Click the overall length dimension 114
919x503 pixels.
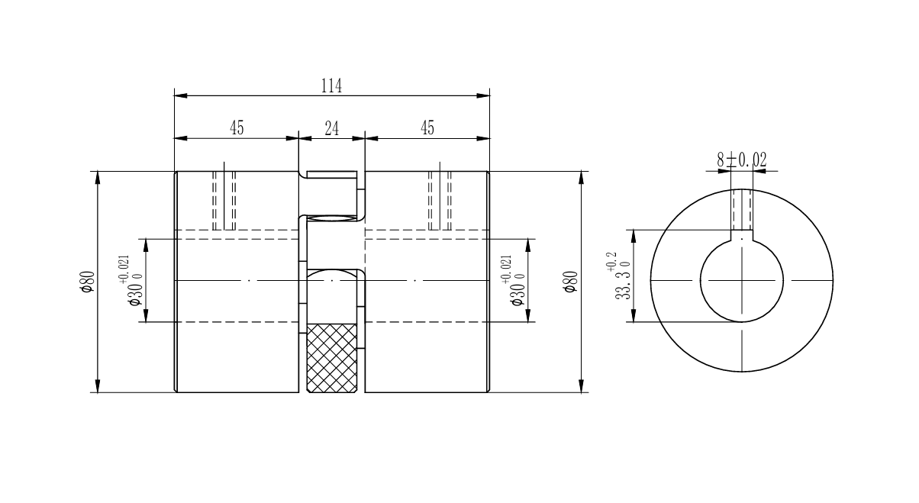(x=331, y=86)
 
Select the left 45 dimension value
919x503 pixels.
(x=237, y=128)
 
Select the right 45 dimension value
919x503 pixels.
(x=427, y=128)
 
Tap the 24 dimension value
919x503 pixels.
(x=331, y=128)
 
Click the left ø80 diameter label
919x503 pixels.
(x=87, y=282)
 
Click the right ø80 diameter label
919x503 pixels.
(x=570, y=282)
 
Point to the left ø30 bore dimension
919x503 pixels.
(x=131, y=282)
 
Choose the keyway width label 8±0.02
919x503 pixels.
(x=741, y=160)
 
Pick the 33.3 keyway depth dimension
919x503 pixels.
(x=619, y=276)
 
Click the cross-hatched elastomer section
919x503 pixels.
(x=331, y=357)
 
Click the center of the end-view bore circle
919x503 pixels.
(x=742, y=281)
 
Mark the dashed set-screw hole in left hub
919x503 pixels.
(x=224, y=200)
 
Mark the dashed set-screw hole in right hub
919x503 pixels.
(x=440, y=200)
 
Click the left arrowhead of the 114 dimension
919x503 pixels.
(x=180, y=96)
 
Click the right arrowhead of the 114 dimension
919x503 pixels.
(x=483, y=96)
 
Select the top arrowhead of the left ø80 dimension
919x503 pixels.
(x=97, y=177)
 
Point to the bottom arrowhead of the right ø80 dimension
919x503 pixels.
(x=582, y=386)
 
